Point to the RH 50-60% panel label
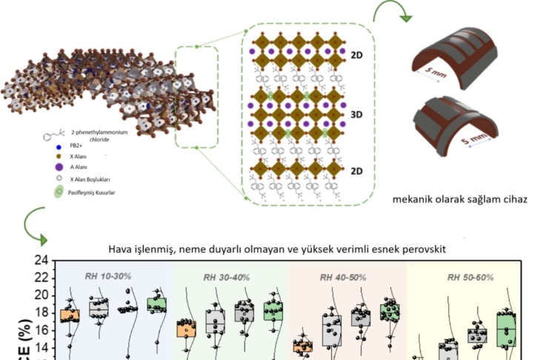tap(472, 277)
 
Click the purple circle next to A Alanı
tap(58, 167)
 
